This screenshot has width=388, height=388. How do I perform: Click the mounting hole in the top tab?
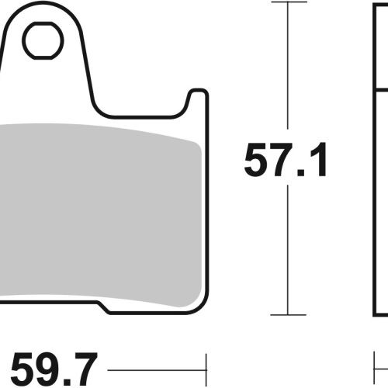(x=43, y=40)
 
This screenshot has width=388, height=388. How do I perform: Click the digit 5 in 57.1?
(x=257, y=160)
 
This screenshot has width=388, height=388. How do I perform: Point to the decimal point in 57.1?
(x=301, y=172)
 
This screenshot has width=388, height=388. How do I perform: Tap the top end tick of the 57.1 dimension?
(x=289, y=2)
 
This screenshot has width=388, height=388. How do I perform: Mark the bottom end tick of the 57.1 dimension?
(x=288, y=315)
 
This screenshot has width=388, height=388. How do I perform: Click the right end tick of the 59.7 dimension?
(x=206, y=370)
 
